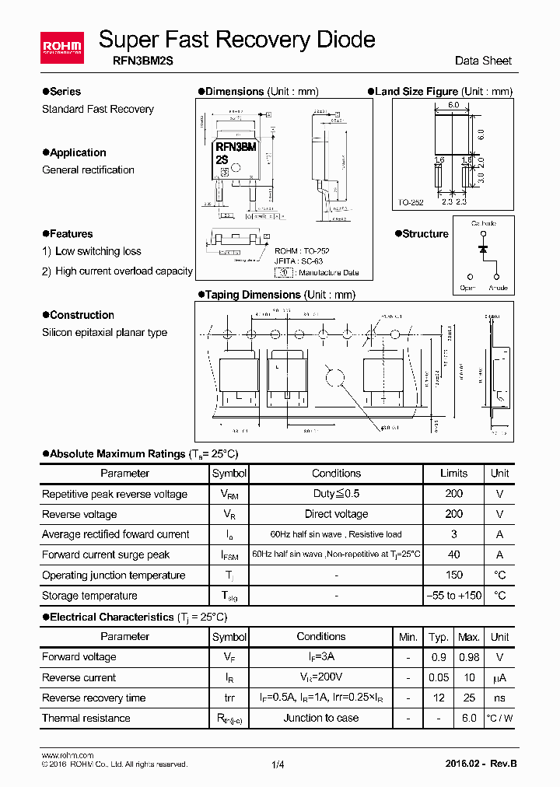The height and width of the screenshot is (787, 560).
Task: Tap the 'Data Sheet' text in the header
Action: (x=483, y=61)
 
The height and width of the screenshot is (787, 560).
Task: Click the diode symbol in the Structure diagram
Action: (x=483, y=249)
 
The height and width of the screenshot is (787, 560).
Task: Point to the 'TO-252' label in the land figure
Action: (x=411, y=202)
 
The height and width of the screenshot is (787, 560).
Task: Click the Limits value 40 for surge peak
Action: (x=453, y=554)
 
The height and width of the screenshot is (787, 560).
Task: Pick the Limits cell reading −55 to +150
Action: (x=453, y=596)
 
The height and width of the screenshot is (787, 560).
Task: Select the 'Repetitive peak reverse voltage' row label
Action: (x=114, y=494)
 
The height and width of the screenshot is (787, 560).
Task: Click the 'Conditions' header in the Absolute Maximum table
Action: (x=336, y=473)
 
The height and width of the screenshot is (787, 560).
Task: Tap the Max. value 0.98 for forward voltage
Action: (x=468, y=657)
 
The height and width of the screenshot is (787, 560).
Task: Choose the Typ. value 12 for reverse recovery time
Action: (x=439, y=698)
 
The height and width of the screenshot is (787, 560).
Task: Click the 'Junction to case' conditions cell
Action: (x=320, y=718)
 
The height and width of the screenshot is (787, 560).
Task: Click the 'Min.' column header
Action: (x=408, y=637)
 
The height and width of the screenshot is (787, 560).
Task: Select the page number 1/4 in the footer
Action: (x=278, y=764)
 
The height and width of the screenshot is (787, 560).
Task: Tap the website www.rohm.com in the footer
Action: (x=67, y=755)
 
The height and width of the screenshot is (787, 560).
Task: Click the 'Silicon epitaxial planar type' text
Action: (x=104, y=333)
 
